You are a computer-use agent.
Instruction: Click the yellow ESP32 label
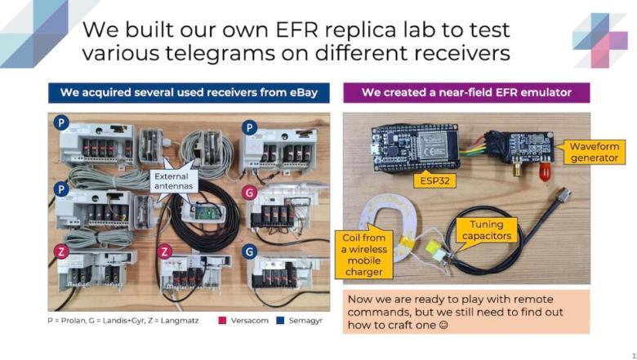click(434, 180)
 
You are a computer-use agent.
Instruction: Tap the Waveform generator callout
click(593, 152)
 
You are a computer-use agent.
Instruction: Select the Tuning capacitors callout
click(485, 230)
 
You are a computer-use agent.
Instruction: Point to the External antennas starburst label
click(172, 181)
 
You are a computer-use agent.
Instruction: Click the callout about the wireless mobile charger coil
click(364, 254)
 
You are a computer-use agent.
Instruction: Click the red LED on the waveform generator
click(545, 172)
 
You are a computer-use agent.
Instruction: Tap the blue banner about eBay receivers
click(189, 92)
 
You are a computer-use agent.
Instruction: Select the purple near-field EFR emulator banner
click(466, 92)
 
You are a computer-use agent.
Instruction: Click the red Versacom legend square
click(222, 320)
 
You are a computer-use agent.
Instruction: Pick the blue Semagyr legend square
click(280, 320)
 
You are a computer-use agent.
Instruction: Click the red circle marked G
click(249, 193)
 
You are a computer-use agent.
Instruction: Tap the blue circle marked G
click(249, 251)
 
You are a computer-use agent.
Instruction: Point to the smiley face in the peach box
click(443, 325)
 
